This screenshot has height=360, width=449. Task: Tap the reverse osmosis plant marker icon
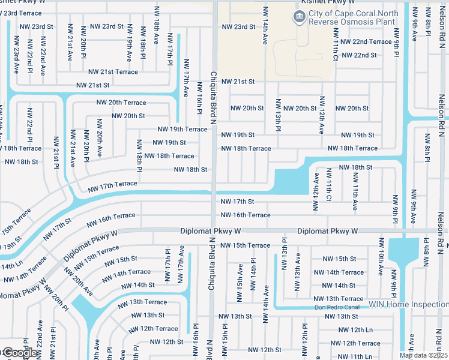(x=298, y=17)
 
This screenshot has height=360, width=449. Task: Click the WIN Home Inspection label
(x=409, y=304)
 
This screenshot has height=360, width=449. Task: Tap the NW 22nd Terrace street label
(x=366, y=41)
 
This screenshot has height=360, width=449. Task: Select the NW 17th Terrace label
(x=112, y=187)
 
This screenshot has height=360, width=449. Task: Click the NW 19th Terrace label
(x=182, y=129)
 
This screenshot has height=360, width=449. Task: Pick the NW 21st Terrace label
(x=113, y=71)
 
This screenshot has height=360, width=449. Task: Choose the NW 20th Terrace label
(x=121, y=103)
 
